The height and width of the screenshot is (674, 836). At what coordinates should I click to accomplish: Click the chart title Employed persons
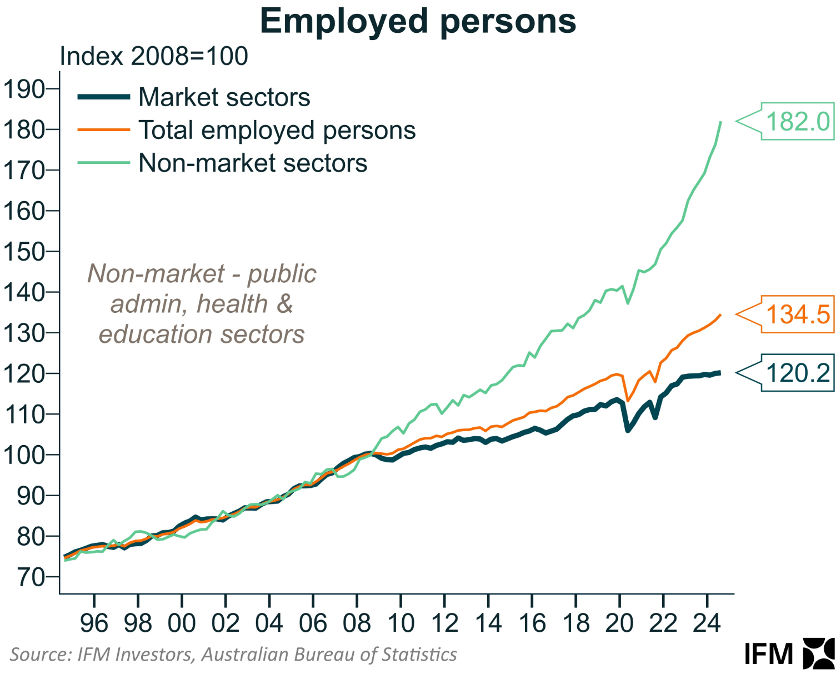418,21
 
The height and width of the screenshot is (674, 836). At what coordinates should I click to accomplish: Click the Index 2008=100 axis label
153,56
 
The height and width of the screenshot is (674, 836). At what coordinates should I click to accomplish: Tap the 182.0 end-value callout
797,121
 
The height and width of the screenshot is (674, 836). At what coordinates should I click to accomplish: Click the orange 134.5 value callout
797,314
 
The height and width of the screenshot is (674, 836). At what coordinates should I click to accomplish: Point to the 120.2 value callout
797,373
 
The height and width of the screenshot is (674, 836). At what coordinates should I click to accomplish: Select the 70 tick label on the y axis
30,577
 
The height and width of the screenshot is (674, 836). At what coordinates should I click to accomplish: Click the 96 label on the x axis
94,623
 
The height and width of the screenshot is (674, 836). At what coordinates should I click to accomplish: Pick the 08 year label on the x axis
357,623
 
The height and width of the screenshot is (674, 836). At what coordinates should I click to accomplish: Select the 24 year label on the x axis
707,623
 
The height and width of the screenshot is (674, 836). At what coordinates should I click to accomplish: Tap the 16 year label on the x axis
532,623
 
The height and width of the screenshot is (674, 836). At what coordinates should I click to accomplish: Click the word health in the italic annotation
232,304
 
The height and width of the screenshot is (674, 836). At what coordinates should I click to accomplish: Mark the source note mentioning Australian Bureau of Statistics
233,655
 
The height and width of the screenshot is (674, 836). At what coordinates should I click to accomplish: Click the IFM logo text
768,654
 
